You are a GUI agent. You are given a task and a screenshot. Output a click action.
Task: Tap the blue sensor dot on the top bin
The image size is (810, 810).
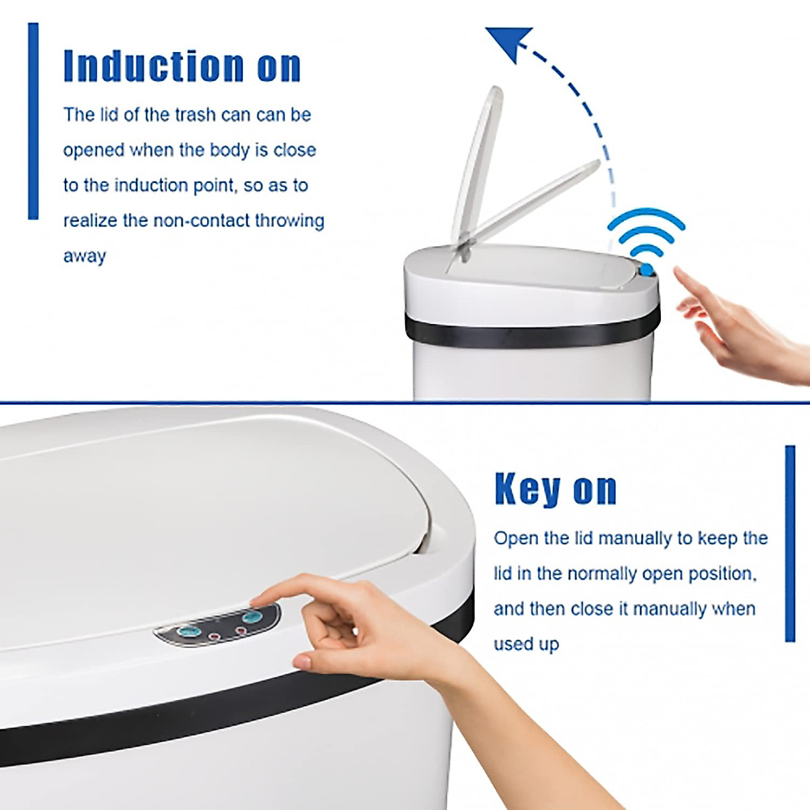(x=647, y=271)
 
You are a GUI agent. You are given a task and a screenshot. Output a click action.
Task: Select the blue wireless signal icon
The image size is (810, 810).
(x=646, y=233)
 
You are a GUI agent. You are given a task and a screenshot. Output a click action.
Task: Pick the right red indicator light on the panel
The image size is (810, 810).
(x=240, y=630)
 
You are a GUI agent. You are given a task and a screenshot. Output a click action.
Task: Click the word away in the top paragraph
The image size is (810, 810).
(x=84, y=256)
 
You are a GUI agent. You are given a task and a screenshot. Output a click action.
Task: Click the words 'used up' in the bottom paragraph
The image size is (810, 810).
(x=526, y=644)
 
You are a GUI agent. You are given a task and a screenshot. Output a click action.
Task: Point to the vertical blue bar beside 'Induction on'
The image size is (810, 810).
(x=33, y=122)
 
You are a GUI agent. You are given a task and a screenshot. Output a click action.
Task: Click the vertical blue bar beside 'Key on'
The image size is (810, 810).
(x=790, y=543)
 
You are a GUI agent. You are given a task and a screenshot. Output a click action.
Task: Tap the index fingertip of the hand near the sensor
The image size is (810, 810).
(x=677, y=271)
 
